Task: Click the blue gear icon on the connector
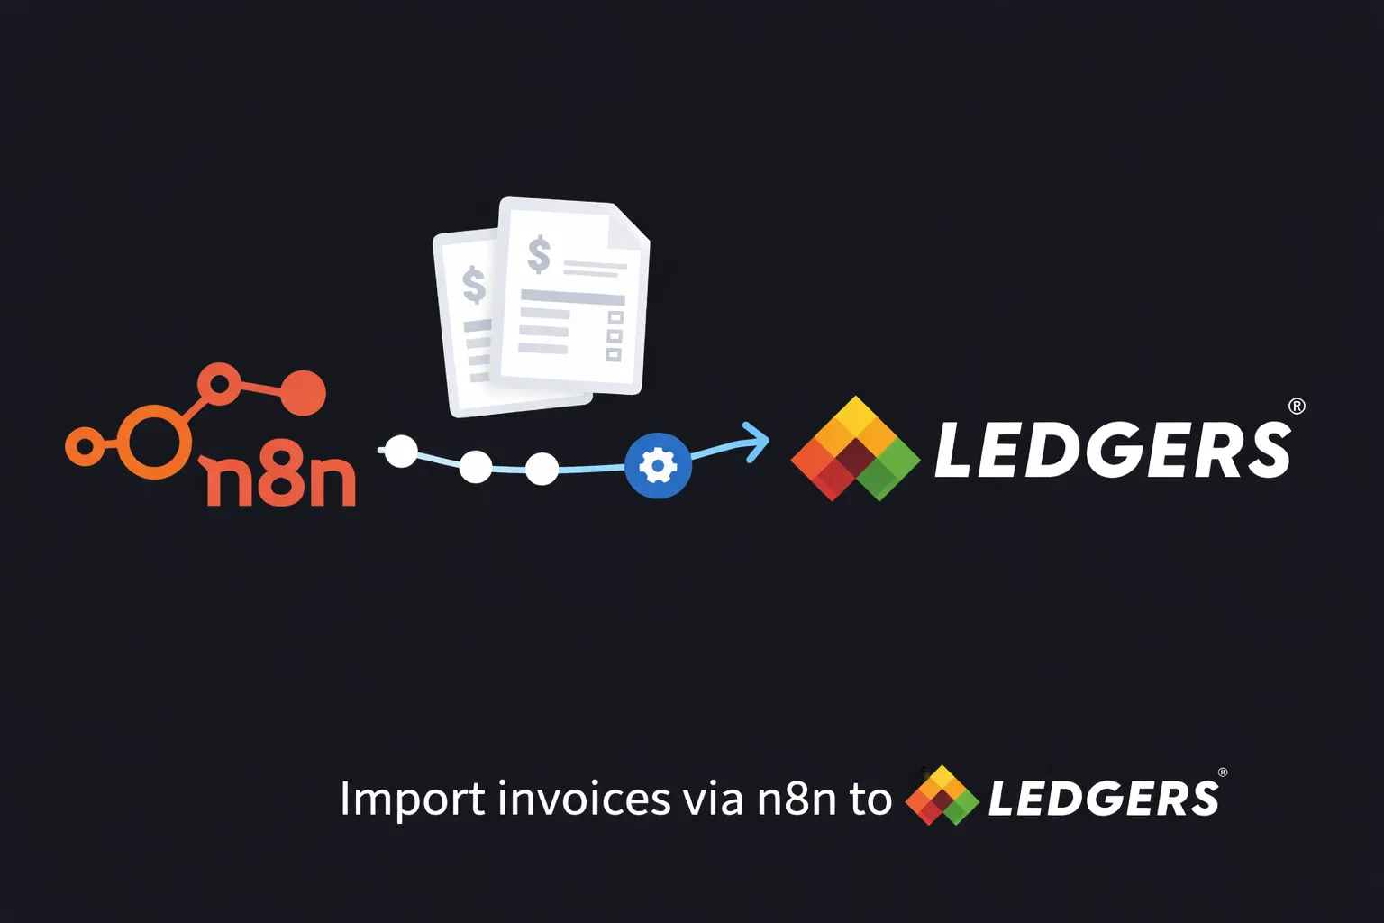[x=658, y=466]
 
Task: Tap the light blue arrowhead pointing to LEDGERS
[x=758, y=441]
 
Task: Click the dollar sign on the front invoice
[x=539, y=254]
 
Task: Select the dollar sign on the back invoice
[x=474, y=285]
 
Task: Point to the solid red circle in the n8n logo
[x=303, y=393]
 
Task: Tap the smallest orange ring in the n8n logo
[x=85, y=446]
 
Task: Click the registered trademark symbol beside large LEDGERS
[x=1297, y=406]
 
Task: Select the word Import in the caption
[x=412, y=800]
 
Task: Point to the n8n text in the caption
[x=797, y=800]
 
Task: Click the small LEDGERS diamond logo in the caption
[x=942, y=796]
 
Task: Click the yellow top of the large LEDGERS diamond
[x=855, y=417]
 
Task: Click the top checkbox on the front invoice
[x=615, y=317]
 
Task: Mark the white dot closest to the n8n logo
[x=402, y=451]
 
